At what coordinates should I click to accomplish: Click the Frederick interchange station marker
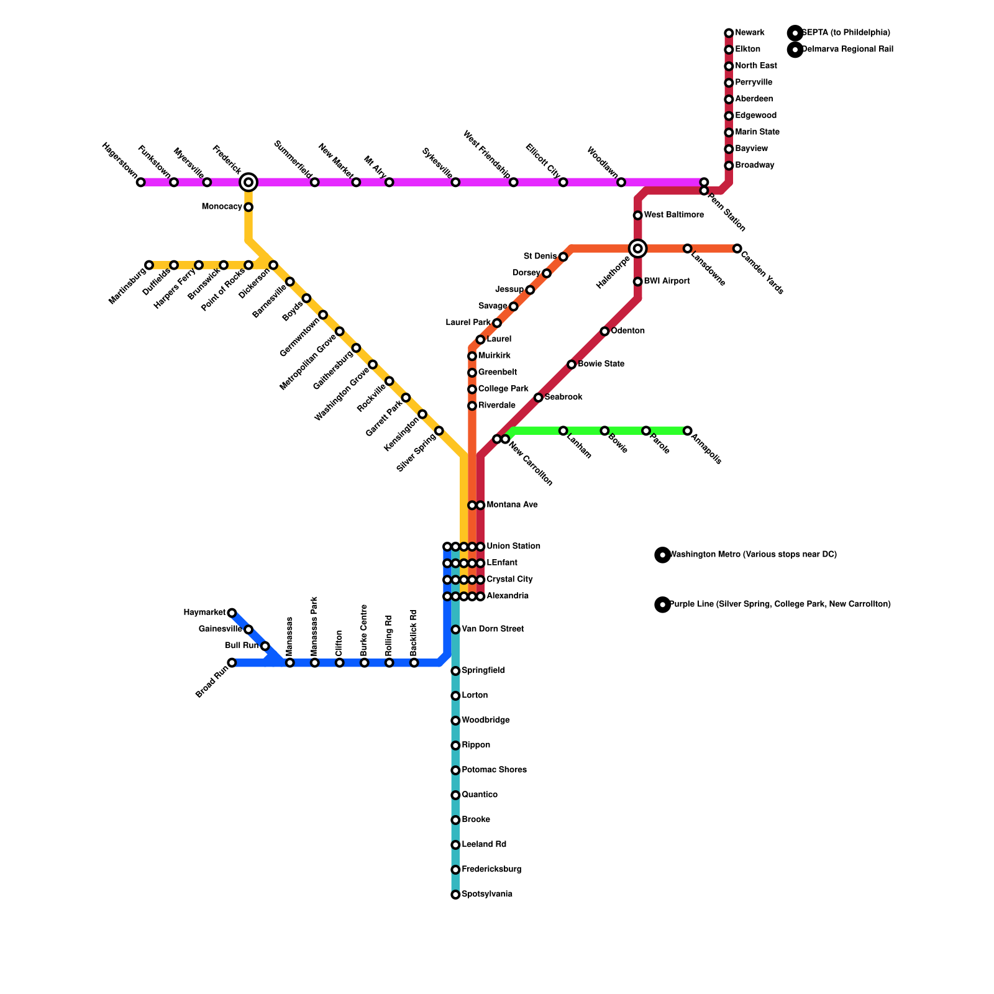[248, 182]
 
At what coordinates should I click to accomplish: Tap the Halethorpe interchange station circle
[638, 248]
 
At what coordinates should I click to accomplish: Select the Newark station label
[749, 33]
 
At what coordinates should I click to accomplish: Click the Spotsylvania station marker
[455, 895]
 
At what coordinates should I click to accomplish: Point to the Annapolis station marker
[688, 431]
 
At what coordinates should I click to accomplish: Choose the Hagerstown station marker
[141, 182]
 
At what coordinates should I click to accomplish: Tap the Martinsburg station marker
[149, 265]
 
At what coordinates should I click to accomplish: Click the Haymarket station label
[204, 613]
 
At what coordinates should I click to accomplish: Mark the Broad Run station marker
[232, 663]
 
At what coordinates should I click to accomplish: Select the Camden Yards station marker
[737, 248]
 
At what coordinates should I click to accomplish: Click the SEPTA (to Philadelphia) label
[846, 33]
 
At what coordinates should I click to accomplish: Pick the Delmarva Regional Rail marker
[795, 49]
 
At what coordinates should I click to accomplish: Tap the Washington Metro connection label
[753, 555]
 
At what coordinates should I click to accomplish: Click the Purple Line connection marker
[663, 604]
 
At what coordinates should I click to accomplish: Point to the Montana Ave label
[512, 505]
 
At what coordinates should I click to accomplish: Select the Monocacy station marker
[248, 207]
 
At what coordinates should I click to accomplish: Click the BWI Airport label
[667, 281]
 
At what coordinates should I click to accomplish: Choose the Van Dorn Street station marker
[455, 629]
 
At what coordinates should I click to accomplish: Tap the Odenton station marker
[604, 331]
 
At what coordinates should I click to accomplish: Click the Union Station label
[513, 547]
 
